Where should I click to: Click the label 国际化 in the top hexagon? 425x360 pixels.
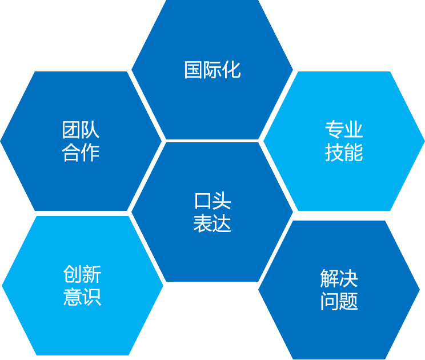[212, 70]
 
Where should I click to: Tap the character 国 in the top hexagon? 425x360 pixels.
[194, 70]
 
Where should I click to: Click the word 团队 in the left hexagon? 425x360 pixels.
[81, 130]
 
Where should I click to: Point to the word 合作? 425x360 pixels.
[81, 153]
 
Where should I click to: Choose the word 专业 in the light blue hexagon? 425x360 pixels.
[344, 130]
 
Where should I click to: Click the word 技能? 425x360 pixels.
[344, 153]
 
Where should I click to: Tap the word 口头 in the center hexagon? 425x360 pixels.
[213, 201]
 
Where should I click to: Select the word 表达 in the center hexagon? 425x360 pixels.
[213, 223]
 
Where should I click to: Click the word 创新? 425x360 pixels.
[82, 275]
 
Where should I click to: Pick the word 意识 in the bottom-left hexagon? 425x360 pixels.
[82, 297]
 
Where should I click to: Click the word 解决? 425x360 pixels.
[339, 278]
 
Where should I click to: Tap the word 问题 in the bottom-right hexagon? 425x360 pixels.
[339, 301]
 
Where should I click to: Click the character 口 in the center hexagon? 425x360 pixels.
[203, 201]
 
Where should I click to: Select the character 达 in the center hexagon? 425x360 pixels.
[222, 223]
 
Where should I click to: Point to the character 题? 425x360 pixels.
[348, 301]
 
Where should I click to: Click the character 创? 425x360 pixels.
[73, 275]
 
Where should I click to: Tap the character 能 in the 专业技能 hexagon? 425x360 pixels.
[354, 153]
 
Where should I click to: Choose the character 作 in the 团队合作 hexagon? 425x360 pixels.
[90, 153]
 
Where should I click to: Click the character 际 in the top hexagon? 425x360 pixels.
[213, 70]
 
